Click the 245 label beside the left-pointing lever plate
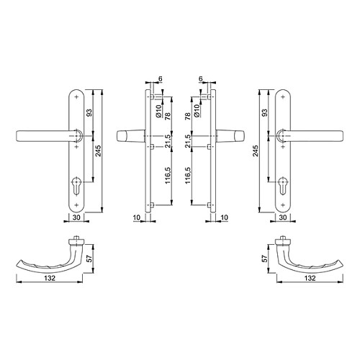pyautogui.click(x=99, y=150)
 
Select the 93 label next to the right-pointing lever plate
pyautogui.click(x=264, y=112)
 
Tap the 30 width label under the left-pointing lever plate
pyautogui.click(x=76, y=217)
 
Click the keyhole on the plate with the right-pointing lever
pyautogui.click(x=283, y=186)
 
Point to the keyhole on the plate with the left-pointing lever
pyautogui.click(x=76, y=186)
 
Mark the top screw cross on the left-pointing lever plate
pyautogui.click(x=76, y=97)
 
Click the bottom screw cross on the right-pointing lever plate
pyautogui.click(x=283, y=205)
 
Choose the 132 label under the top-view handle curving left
pyautogui.click(x=50, y=278)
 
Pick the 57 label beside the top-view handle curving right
pyautogui.click(x=264, y=258)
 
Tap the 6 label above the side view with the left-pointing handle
pyautogui.click(x=161, y=78)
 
